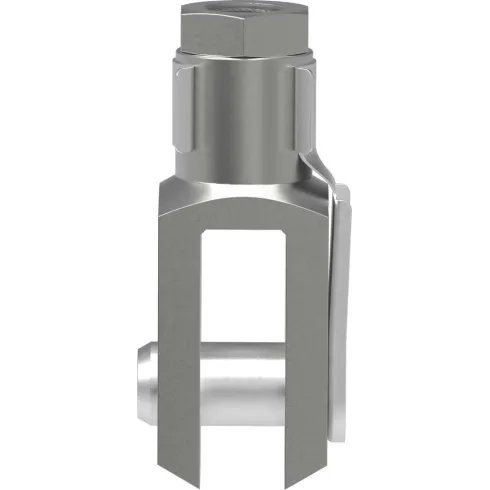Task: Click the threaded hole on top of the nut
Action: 260,7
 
